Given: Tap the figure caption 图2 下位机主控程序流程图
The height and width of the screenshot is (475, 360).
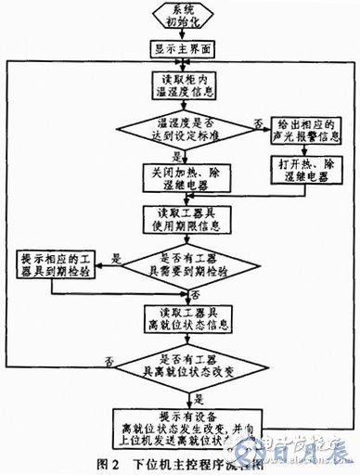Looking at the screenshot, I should click(x=180, y=460).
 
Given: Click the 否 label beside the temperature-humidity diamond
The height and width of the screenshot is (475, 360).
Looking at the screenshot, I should click(x=256, y=123).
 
